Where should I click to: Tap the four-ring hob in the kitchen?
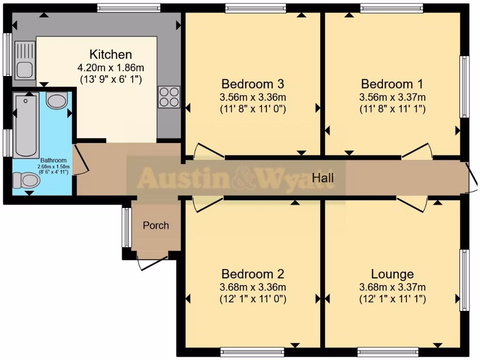(169, 97)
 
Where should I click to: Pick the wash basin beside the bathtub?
(57, 101)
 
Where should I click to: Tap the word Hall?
(323, 178)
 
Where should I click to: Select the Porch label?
(156, 225)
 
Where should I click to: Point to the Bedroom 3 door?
(208, 151)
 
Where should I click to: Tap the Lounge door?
(412, 204)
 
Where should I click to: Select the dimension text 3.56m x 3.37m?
(392, 97)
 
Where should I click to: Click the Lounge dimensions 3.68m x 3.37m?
(392, 287)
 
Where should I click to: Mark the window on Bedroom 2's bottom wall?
(252, 351)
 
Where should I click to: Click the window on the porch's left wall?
(126, 227)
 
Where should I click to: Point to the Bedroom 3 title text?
(253, 84)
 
